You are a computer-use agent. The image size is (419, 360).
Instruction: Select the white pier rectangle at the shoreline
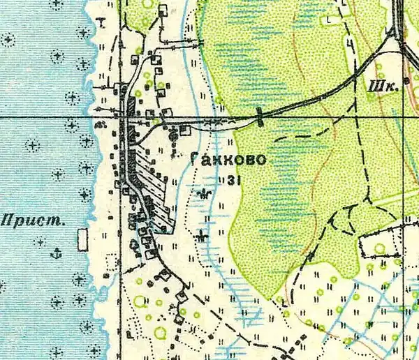[x=83, y=241]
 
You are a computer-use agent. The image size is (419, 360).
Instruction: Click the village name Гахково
[x=228, y=160]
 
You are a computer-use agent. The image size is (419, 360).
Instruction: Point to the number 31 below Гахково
[x=233, y=180]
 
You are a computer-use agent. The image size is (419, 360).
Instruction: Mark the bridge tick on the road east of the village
[x=260, y=117]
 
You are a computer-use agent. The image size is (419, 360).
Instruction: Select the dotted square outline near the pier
[x=109, y=262]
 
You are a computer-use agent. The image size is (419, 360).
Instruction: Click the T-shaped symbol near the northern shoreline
[x=102, y=21]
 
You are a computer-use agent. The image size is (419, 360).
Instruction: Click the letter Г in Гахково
[x=195, y=160]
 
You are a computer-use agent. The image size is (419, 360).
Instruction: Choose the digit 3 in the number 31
[x=230, y=180]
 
